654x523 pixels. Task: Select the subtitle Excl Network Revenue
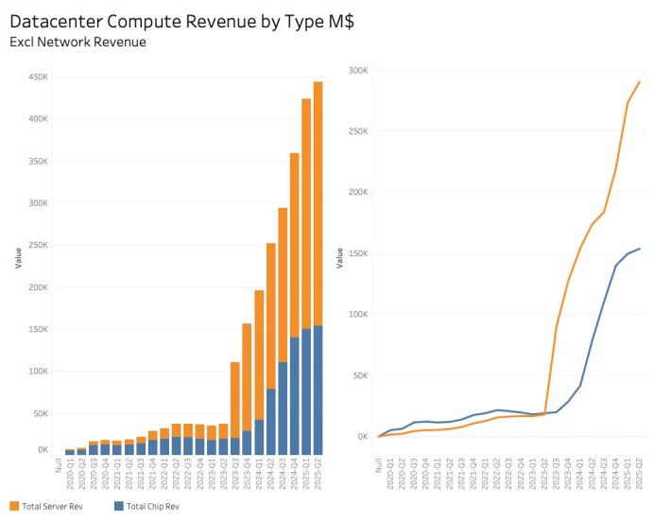click(77, 43)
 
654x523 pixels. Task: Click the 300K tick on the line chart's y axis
click(357, 70)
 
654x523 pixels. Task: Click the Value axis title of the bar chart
click(17, 258)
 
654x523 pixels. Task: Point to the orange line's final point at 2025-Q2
click(640, 81)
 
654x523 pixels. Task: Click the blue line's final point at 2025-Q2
click(640, 249)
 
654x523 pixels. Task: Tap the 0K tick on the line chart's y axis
click(361, 437)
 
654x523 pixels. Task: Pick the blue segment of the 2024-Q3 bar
click(283, 408)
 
